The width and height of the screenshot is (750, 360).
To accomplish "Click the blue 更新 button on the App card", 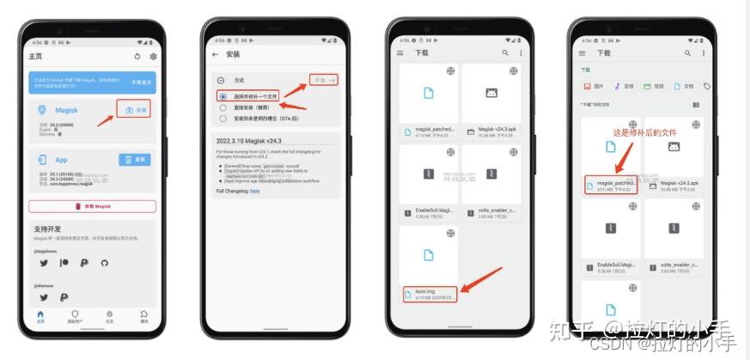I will coord(137,160).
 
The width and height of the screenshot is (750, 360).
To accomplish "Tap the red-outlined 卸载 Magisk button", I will coord(92,206).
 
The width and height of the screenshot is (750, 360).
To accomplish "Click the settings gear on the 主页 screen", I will coord(154,57).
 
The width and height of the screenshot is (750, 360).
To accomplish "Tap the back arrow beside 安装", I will coord(215,54).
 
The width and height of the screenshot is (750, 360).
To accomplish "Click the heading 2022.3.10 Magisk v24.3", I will coord(251,139).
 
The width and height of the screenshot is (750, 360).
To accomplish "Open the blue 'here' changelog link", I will coord(254,191).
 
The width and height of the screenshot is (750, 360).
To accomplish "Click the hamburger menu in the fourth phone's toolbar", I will coord(583,53).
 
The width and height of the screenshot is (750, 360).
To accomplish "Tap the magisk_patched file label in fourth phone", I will coord(615,183).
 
